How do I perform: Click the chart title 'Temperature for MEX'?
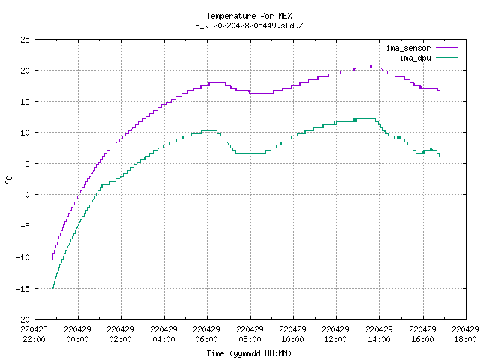point(249,16)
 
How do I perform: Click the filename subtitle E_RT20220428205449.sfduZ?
point(249,25)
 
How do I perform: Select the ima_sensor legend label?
point(408,48)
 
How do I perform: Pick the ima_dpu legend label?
point(415,58)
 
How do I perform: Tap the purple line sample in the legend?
point(446,48)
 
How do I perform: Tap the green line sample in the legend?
point(446,57)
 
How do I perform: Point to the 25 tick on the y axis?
point(25,40)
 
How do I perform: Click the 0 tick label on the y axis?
point(27,195)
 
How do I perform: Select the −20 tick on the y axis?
point(23,319)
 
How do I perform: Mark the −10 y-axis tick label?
point(23,257)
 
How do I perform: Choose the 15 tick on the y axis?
point(25,102)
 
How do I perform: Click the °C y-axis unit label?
point(8,180)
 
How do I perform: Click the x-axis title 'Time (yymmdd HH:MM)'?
point(249,353)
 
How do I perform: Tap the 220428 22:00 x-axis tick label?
point(34,334)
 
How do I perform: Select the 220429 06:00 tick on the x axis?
point(207,334)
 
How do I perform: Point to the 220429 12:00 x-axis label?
point(336,334)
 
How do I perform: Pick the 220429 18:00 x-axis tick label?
point(465,334)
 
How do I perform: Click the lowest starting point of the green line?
point(52,290)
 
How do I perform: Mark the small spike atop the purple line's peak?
point(372,66)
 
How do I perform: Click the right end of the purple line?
point(439,90)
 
